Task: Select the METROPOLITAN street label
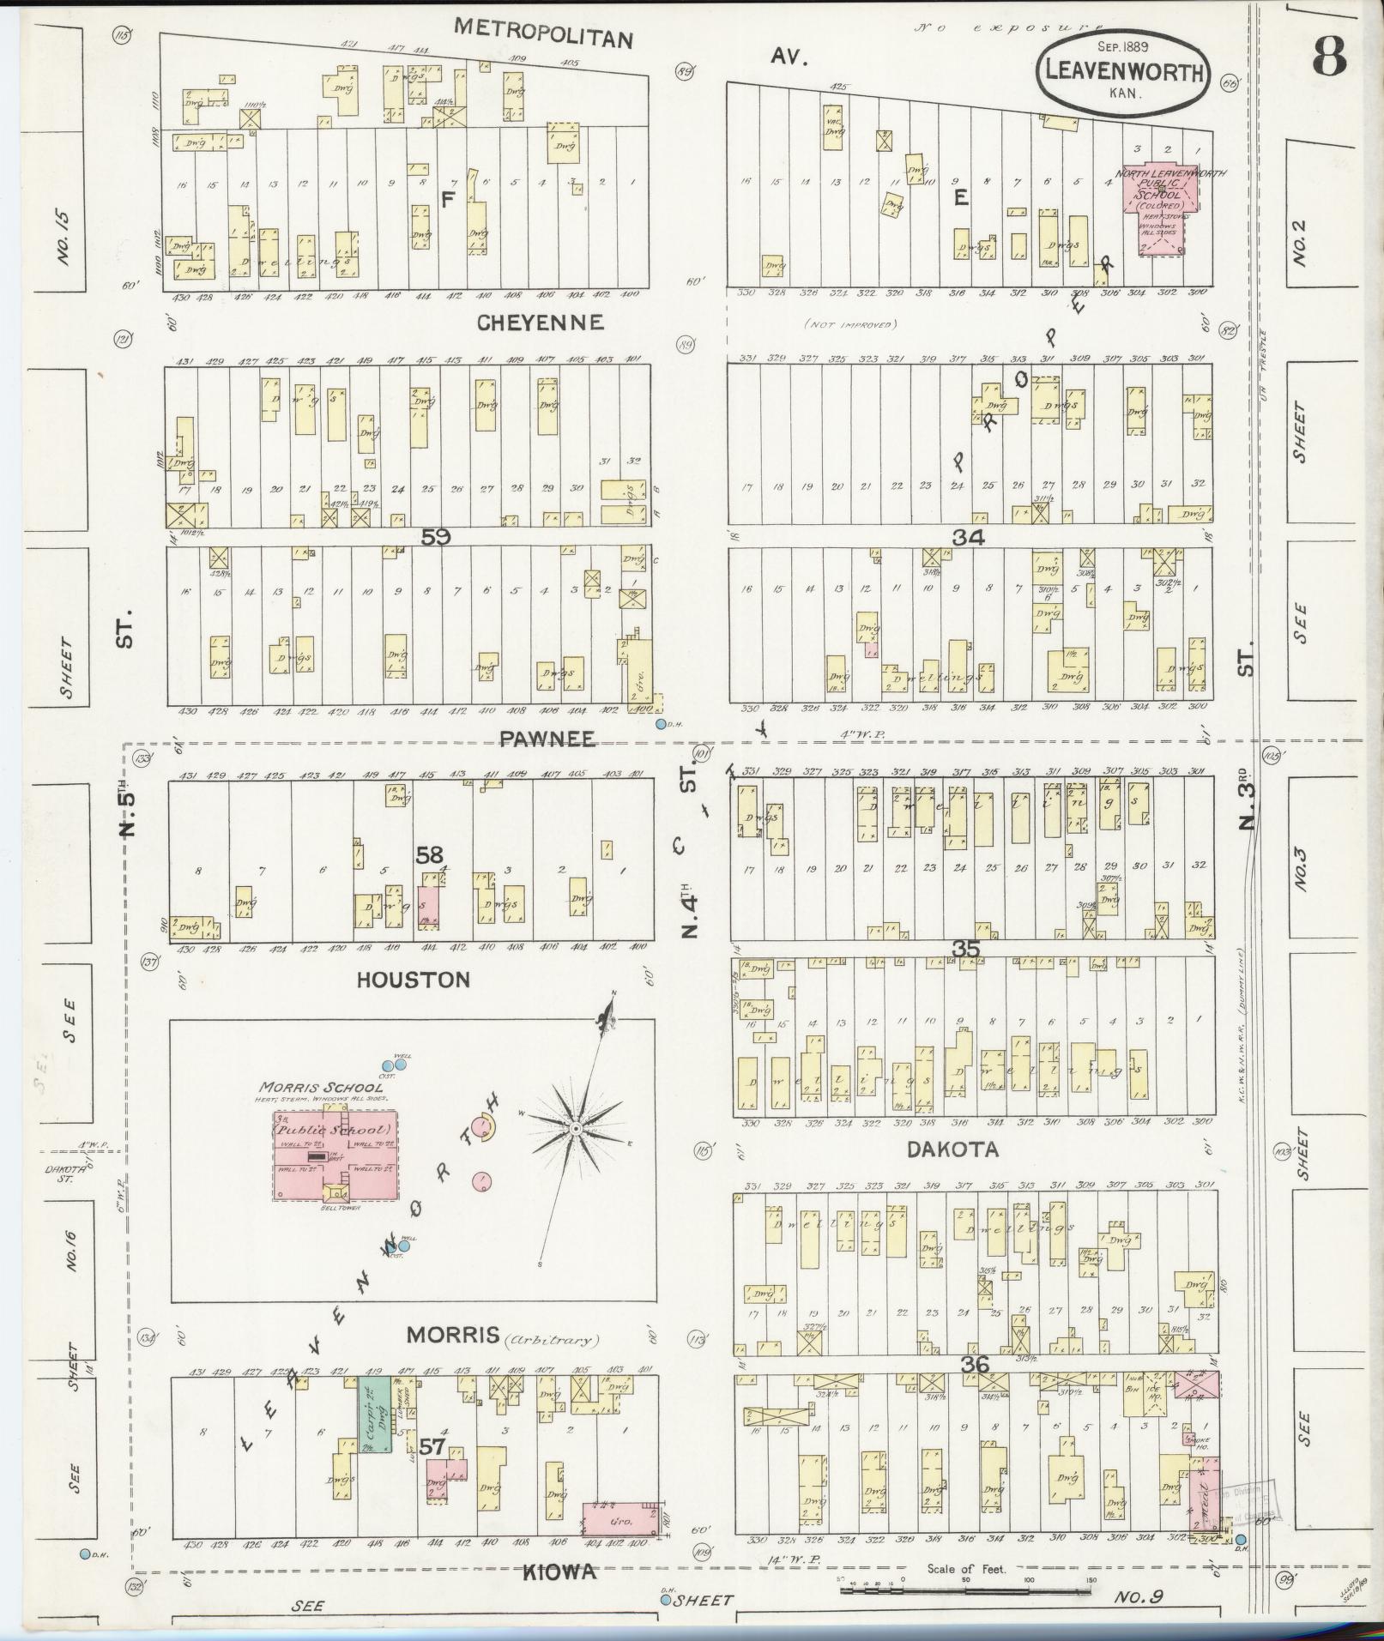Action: click(x=543, y=33)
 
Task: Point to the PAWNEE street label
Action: click(x=548, y=739)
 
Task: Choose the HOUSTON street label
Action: click(x=414, y=980)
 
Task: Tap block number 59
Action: click(x=436, y=536)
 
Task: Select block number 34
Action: click(x=968, y=537)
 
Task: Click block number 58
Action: click(x=430, y=854)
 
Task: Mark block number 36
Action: click(x=976, y=1364)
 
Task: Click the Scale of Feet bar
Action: click(x=965, y=1590)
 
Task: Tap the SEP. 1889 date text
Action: click(x=1123, y=45)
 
